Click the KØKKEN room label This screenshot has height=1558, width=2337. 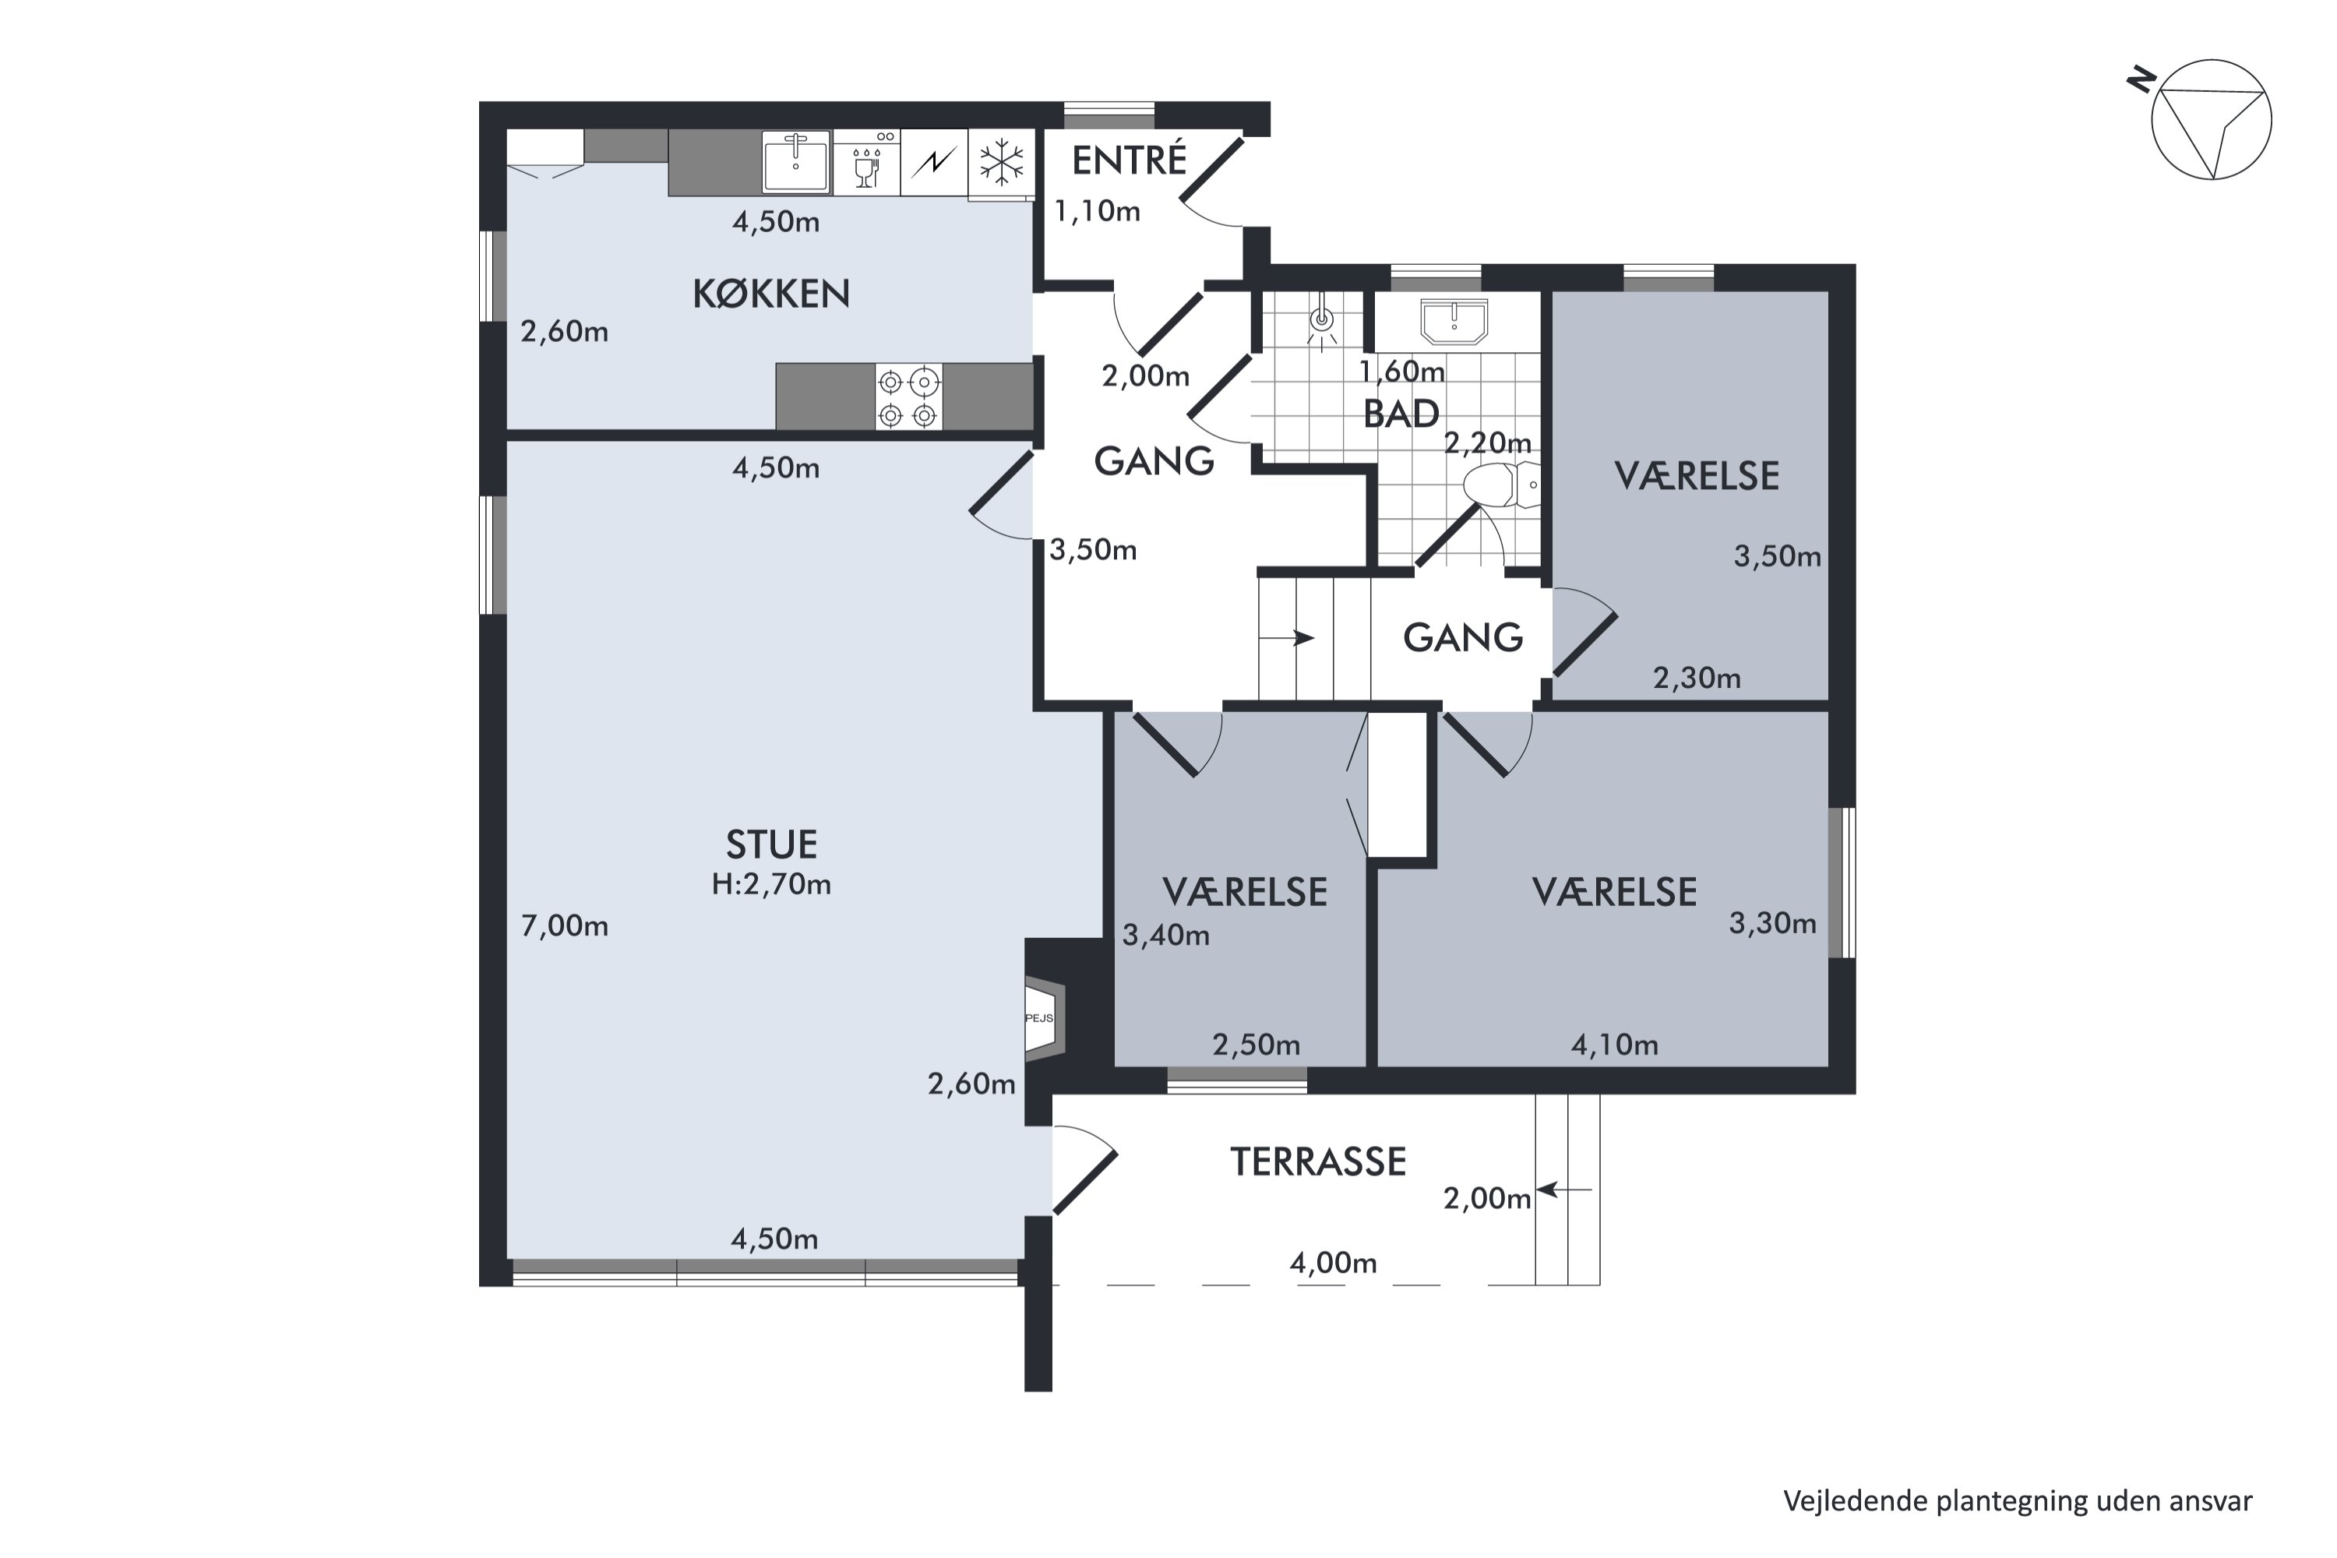[771, 294]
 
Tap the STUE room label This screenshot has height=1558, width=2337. [771, 844]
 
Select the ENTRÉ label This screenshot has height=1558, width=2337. [1129, 159]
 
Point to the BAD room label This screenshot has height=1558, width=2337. [1401, 414]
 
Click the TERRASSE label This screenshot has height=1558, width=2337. [1319, 1161]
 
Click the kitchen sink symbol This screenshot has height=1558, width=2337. [796, 162]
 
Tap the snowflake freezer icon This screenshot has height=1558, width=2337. [1002, 162]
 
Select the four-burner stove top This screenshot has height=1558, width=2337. [908, 397]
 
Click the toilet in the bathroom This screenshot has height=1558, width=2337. [1500, 485]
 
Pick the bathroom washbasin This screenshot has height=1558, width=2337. [1454, 321]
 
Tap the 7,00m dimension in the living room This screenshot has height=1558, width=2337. [564, 926]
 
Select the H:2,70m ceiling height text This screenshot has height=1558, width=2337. [771, 884]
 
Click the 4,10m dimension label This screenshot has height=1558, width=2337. [1615, 1045]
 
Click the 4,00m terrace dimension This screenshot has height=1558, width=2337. [1334, 1263]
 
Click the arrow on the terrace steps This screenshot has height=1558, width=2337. [1564, 1190]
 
